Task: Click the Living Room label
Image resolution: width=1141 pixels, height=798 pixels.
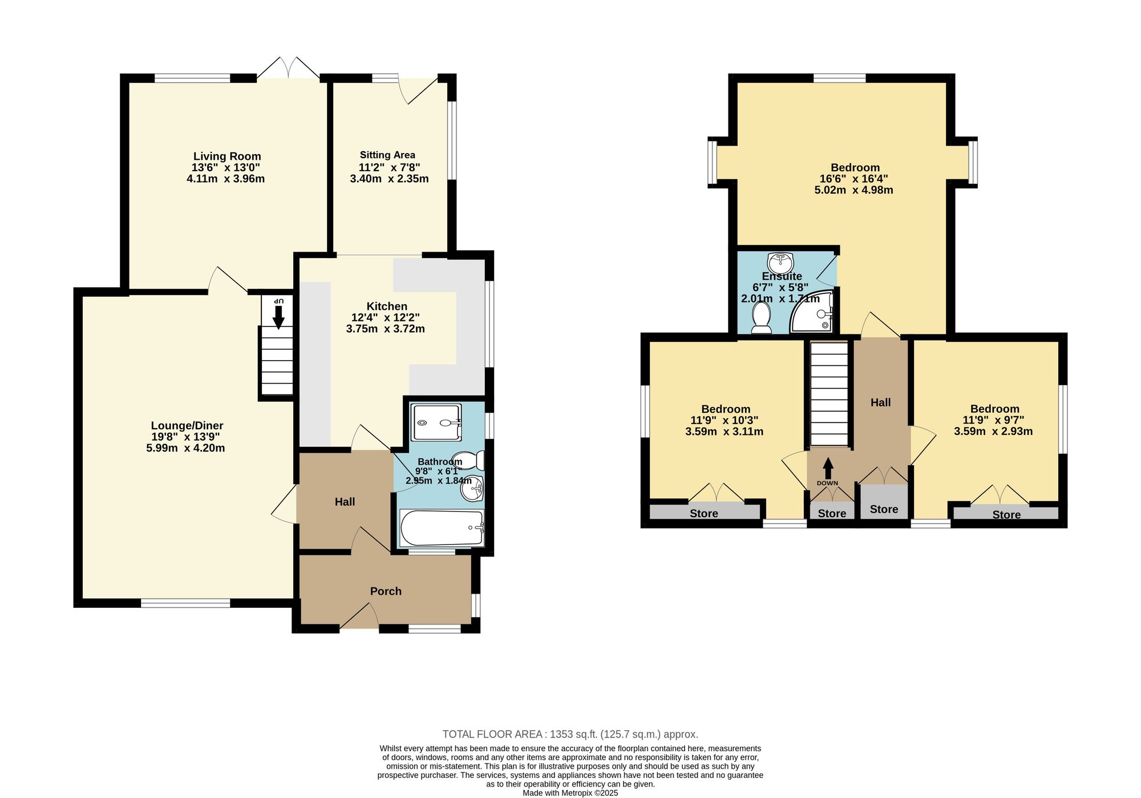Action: [x=226, y=156]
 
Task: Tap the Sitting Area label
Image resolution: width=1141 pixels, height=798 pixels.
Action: [x=387, y=155]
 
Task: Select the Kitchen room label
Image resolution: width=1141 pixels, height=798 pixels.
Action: [x=387, y=307]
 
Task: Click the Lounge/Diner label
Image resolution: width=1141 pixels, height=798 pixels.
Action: [x=187, y=426]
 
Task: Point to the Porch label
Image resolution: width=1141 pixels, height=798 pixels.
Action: [x=386, y=591]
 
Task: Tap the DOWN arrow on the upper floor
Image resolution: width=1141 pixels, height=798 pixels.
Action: [x=828, y=469]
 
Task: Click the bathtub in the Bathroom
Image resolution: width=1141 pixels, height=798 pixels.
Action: [x=442, y=528]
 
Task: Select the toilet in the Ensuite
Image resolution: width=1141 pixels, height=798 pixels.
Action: [x=761, y=317]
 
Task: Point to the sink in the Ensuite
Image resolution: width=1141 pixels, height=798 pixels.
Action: [x=780, y=263]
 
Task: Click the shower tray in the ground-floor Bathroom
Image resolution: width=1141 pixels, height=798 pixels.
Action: [x=436, y=423]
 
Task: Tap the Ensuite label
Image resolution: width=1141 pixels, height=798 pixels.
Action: [x=782, y=276]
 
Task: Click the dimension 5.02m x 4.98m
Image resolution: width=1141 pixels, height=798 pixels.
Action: [x=853, y=190]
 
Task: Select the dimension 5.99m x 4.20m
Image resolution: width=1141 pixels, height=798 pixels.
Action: [x=185, y=448]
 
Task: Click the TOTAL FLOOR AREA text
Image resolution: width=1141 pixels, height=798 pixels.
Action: [x=570, y=735]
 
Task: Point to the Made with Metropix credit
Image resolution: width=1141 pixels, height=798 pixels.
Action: [x=570, y=793]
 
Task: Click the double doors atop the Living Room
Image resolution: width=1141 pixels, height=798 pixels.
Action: [x=288, y=67]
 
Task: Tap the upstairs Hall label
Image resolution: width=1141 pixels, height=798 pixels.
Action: [x=880, y=403]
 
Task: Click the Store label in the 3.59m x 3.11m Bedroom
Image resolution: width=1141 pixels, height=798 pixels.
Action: [x=704, y=514]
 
